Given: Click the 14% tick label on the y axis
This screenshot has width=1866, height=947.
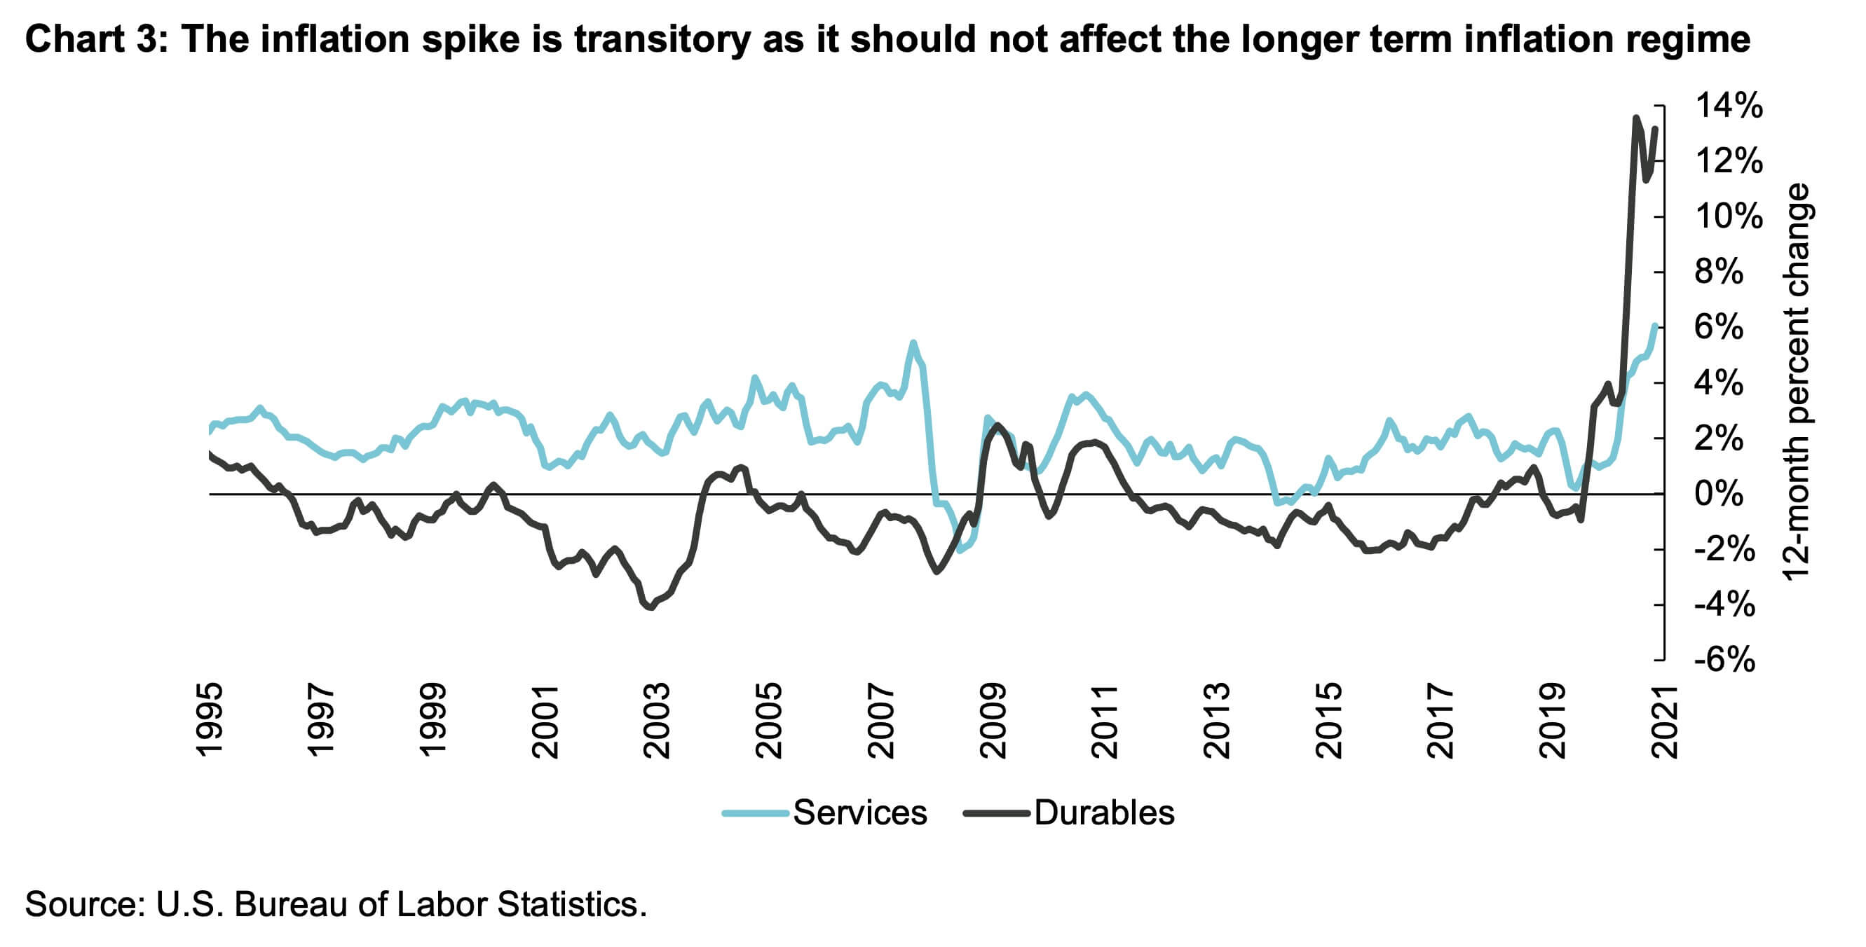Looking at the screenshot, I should (1729, 106).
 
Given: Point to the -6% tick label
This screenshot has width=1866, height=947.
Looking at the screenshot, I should (1724, 660).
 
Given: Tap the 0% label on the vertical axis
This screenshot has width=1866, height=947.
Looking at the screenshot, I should (1719, 494).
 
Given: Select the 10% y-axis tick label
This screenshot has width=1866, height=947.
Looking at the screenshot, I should (1729, 216).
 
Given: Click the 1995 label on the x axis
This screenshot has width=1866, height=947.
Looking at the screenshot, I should (210, 719).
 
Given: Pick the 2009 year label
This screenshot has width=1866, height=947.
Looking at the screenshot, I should (993, 719).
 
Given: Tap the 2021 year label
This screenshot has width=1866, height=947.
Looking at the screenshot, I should (1664, 719).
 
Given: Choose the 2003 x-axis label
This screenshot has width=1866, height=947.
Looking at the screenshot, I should (657, 719).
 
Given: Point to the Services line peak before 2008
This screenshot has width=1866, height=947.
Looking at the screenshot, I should (913, 343).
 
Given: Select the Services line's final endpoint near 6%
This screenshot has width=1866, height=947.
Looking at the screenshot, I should (1655, 326).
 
